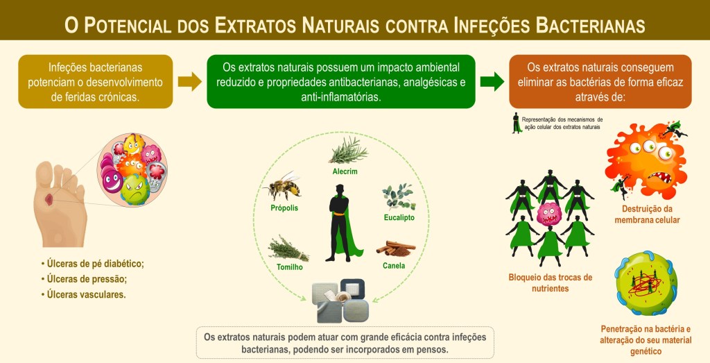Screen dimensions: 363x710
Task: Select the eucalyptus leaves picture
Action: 398,196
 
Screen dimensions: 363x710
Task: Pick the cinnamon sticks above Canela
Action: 395,247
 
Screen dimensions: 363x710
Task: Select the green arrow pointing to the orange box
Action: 492,82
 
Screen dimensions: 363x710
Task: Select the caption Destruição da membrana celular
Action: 647,214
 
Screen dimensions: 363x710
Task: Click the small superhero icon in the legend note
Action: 516,123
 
